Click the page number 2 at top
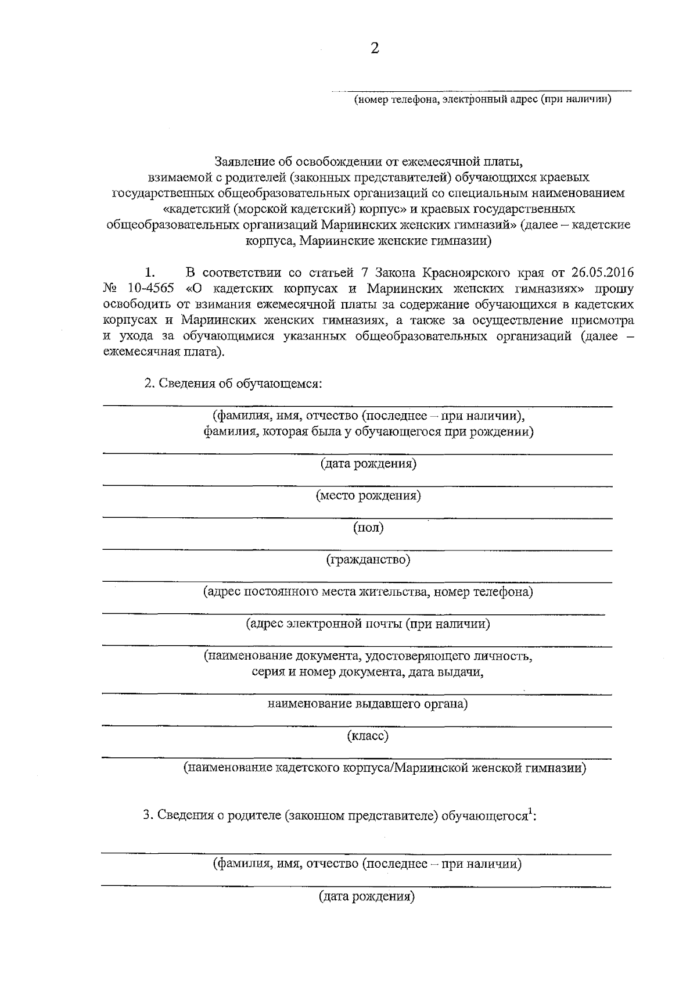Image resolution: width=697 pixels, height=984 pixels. tap(375, 48)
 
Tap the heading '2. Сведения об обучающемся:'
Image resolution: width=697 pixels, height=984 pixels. tap(233, 384)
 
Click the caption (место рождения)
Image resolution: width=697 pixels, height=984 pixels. tap(368, 495)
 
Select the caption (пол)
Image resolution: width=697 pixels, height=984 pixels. tap(368, 527)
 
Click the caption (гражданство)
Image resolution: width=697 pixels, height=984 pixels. tap(368, 559)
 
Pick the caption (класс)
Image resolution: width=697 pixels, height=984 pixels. tap(368, 736)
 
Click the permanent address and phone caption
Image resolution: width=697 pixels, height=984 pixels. tap(368, 592)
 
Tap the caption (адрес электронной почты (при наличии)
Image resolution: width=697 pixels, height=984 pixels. tap(368, 624)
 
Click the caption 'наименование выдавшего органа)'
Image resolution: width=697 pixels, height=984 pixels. tap(368, 704)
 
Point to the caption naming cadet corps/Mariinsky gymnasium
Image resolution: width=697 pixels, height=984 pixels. tap(385, 768)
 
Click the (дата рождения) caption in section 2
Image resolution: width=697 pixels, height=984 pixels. tap(368, 463)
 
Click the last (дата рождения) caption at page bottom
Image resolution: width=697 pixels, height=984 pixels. tap(367, 896)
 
